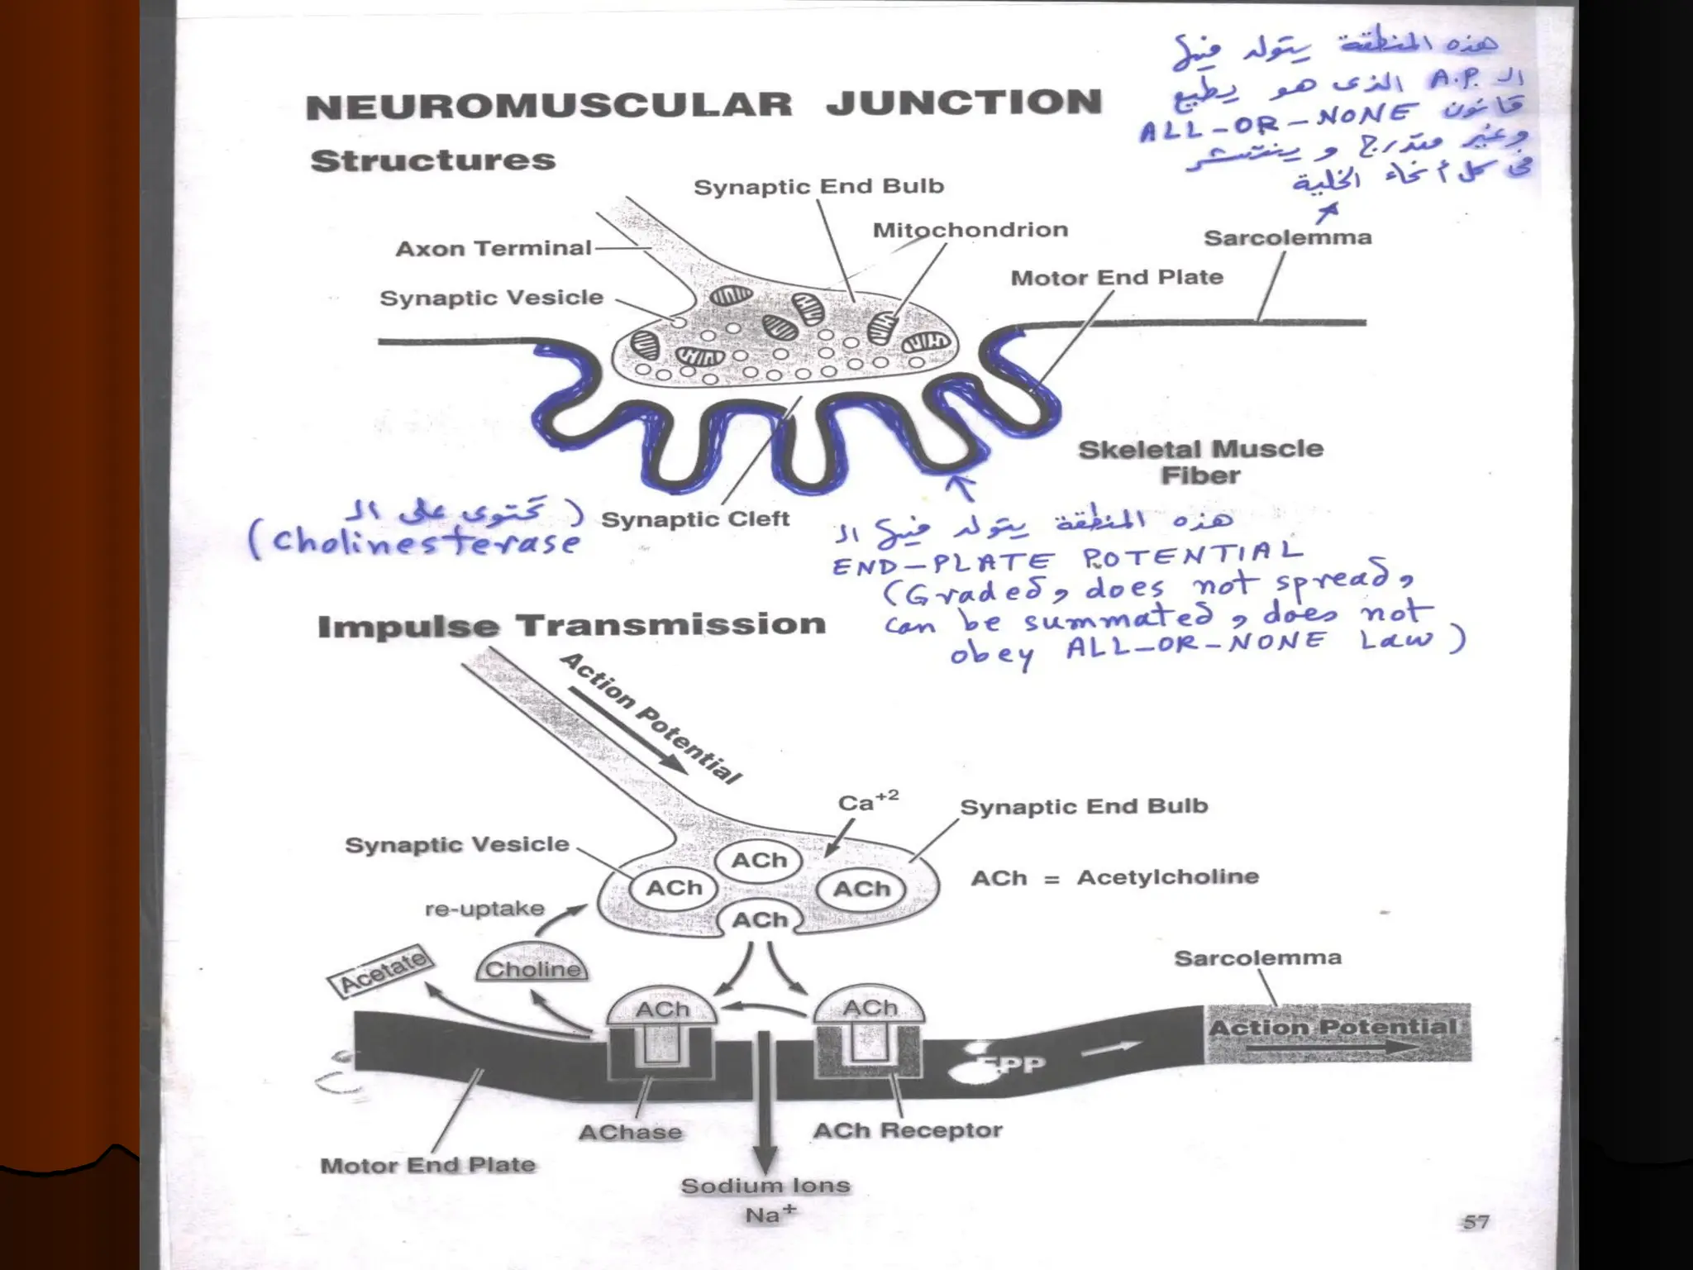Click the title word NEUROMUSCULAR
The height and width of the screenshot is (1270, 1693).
click(x=548, y=106)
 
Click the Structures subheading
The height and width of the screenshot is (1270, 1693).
click(x=432, y=160)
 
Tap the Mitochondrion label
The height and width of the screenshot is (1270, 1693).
click(x=970, y=230)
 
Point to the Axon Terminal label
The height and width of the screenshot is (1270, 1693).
click(x=494, y=248)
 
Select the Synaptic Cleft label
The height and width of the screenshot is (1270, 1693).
click(x=695, y=519)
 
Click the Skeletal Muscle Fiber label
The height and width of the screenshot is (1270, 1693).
click(x=1200, y=462)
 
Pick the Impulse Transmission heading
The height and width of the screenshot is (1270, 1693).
click(x=571, y=626)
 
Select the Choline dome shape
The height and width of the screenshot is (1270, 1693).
click(x=532, y=966)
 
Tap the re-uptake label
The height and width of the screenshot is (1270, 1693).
click(x=484, y=909)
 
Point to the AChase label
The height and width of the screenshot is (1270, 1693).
click(x=630, y=1132)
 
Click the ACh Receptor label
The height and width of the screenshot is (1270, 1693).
click(x=907, y=1130)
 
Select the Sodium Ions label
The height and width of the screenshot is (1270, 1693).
click(x=765, y=1186)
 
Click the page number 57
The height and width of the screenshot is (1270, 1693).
click(x=1475, y=1221)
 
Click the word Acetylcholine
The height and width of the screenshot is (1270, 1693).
click(x=1167, y=876)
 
